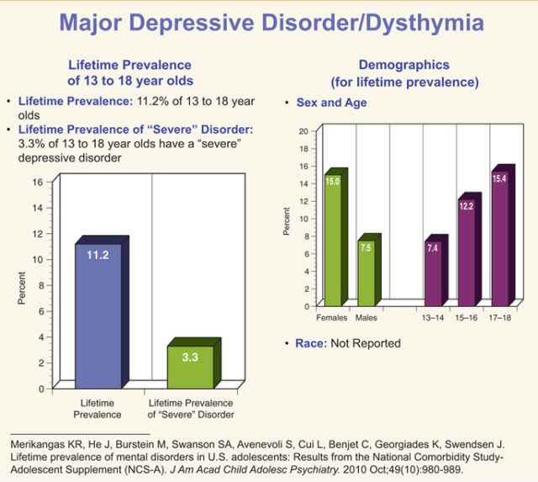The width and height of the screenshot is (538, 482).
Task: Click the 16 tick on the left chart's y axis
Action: pos(37,182)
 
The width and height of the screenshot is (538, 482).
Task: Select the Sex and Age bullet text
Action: pos(332,102)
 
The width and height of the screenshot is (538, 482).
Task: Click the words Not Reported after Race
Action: pos(367,343)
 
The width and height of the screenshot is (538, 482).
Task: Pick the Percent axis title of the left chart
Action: pos(21,287)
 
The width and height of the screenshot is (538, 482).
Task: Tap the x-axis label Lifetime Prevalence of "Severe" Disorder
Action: pos(191,408)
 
